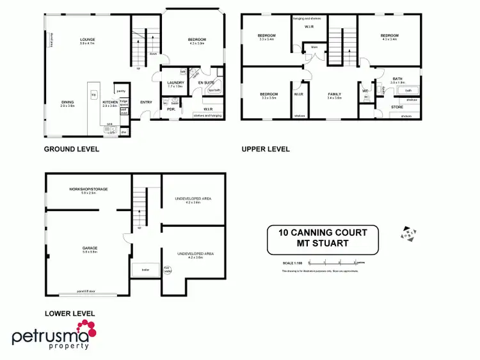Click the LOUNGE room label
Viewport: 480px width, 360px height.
[x=87, y=39]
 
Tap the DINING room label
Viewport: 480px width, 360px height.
[x=68, y=102]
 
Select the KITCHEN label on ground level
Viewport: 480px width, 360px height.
[x=109, y=102]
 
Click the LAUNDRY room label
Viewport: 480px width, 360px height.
[x=175, y=82]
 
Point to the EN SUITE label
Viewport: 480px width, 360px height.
[x=205, y=82]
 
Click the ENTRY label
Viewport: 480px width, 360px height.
[x=146, y=102]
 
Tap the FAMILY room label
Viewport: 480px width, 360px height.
[x=335, y=94]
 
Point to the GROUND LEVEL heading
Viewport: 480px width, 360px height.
[x=71, y=149]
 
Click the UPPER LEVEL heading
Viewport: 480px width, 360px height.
[x=266, y=149]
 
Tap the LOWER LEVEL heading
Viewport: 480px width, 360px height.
[x=70, y=313]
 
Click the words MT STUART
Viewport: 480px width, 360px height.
[x=323, y=243]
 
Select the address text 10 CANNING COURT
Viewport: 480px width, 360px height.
[x=323, y=232]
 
